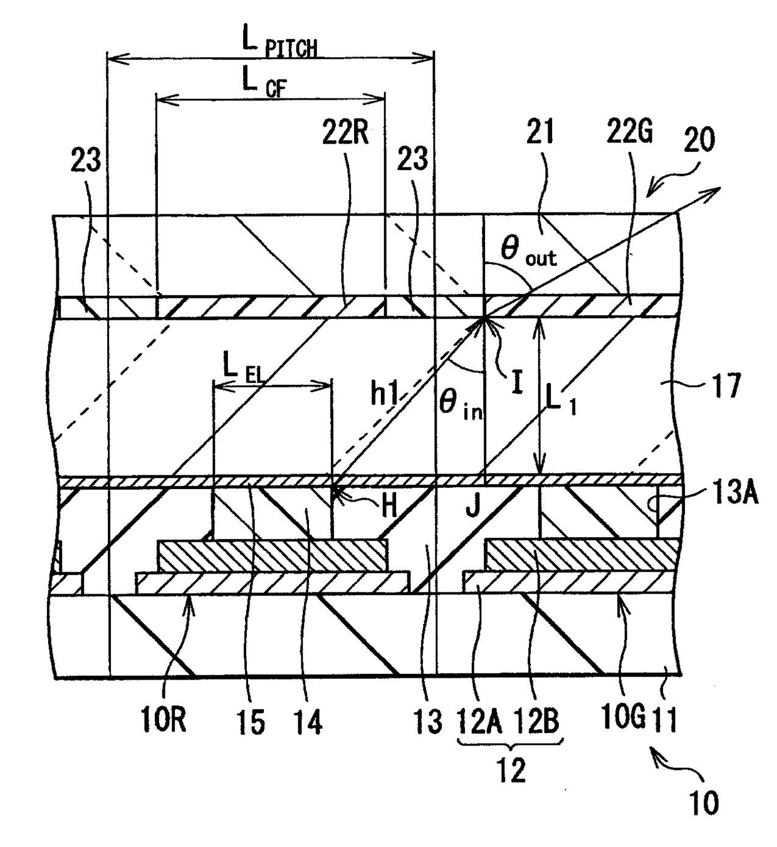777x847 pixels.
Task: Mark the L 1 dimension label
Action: point(561,401)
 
